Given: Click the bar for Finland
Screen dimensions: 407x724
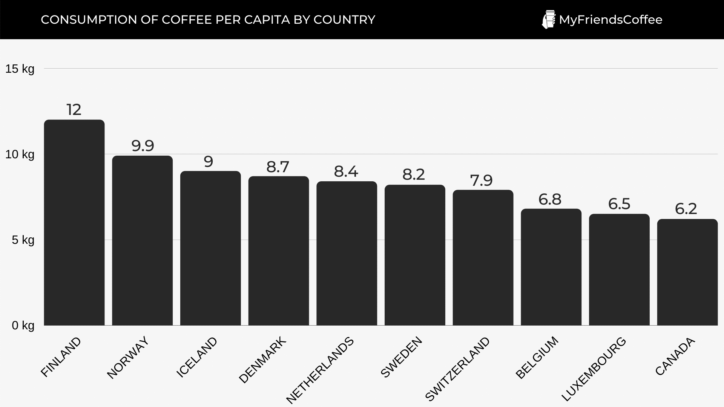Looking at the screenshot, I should pyautogui.click(x=74, y=222).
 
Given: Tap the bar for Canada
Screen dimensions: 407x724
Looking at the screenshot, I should pyautogui.click(x=687, y=272).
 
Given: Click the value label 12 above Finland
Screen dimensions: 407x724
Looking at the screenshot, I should pyautogui.click(x=74, y=110).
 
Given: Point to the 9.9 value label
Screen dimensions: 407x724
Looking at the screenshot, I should pyautogui.click(x=143, y=146).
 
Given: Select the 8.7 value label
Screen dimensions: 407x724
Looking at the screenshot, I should pyautogui.click(x=278, y=167).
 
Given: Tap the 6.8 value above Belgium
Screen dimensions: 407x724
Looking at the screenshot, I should pyautogui.click(x=550, y=199).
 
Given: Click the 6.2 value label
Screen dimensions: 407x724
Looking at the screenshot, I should pyautogui.click(x=686, y=209).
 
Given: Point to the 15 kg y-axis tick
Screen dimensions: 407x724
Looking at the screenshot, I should pyautogui.click(x=20, y=69).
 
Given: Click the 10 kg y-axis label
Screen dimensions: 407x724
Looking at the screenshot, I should pyautogui.click(x=20, y=155).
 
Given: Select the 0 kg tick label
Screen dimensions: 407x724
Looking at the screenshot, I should pyautogui.click(x=23, y=326).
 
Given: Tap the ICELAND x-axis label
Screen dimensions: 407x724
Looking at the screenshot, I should pyautogui.click(x=197, y=357).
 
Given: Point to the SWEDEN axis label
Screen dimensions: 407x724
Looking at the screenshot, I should pyautogui.click(x=401, y=357).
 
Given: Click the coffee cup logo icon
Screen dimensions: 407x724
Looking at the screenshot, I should pyautogui.click(x=548, y=20).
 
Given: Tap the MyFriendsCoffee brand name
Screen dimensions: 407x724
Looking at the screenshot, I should pyautogui.click(x=610, y=20).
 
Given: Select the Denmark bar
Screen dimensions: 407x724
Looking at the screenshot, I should pyautogui.click(x=279, y=251).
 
